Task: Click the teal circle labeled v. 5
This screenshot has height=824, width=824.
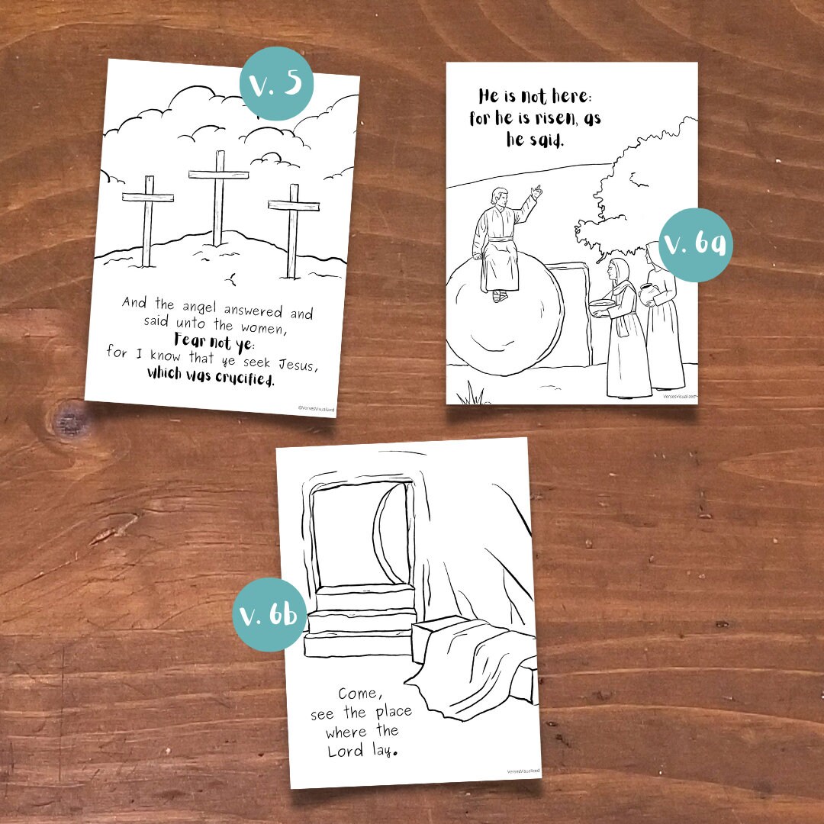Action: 277,84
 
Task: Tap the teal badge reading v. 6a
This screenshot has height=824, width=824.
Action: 695,245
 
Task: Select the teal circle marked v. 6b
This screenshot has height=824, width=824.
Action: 270,615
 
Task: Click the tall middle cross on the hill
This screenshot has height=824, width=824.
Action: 219,195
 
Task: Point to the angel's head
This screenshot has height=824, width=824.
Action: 499,199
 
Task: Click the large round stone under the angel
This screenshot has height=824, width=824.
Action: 504,320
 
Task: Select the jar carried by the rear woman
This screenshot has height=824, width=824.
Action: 648,294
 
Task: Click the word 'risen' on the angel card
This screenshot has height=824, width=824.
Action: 535,118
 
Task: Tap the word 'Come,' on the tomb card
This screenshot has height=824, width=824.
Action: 359,693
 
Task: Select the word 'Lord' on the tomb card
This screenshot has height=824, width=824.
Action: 346,751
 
